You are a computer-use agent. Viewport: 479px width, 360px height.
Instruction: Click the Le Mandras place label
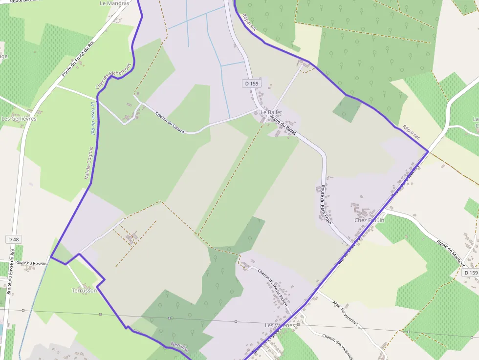(114, 3)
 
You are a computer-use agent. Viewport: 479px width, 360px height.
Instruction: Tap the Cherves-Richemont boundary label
(113, 77)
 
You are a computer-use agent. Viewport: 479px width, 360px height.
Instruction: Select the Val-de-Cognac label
(89, 163)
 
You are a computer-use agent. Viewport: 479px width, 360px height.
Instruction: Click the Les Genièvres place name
(19, 119)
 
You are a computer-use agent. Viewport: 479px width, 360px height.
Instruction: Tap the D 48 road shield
(14, 239)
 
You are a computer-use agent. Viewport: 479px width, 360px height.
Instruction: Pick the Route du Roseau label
(31, 263)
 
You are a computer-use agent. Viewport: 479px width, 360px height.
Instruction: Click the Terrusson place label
(84, 290)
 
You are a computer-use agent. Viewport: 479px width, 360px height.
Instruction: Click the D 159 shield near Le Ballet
(251, 84)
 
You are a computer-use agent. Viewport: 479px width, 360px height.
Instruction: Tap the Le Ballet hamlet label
(271, 112)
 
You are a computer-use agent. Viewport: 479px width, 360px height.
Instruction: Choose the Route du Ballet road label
(283, 125)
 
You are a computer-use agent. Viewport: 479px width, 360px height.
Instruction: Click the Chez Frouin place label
(370, 220)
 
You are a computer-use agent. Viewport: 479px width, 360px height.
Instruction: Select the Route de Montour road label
(450, 253)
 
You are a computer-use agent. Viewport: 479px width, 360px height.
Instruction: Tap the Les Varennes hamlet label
(280, 325)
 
